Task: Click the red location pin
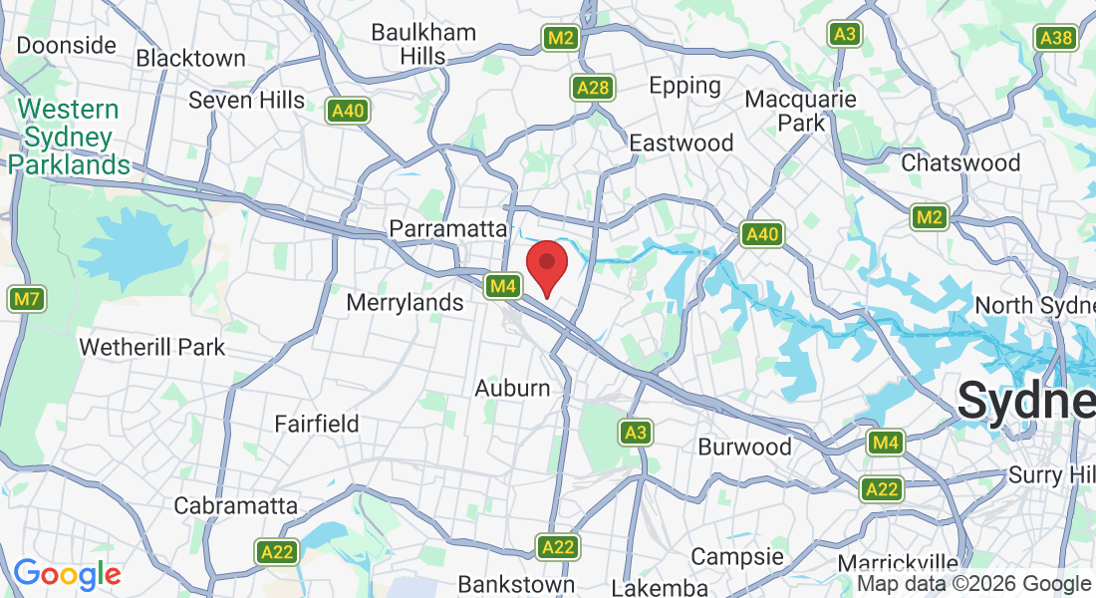tap(546, 265)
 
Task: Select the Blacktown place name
tap(191, 58)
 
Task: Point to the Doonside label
tap(67, 45)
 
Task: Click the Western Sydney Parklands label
tap(69, 137)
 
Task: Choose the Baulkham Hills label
tap(423, 44)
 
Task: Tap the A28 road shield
tap(592, 89)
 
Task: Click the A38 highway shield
tap(1055, 38)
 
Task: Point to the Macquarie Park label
tap(800, 111)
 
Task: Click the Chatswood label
tap(960, 162)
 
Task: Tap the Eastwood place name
tap(682, 143)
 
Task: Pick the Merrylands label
tap(405, 301)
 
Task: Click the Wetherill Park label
tap(152, 347)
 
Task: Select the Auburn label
tap(512, 388)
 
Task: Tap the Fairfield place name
tap(317, 424)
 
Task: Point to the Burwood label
tap(744, 446)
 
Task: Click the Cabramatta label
tap(235, 505)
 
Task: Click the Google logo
tap(67, 574)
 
